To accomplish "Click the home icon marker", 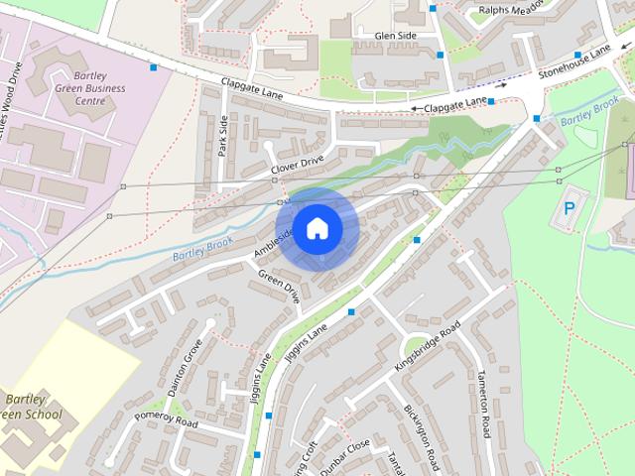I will (x=317, y=228).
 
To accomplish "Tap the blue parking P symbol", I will (x=569, y=209).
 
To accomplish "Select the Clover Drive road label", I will (x=297, y=166).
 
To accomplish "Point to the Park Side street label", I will (x=222, y=136).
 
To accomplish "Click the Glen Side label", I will (x=395, y=36).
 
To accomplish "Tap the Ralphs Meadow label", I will (x=510, y=10).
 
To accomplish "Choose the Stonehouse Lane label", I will (x=574, y=62).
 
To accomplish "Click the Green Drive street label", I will (x=279, y=286).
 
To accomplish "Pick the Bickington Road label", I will (x=422, y=436).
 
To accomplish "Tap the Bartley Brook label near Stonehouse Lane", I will (x=589, y=115).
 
